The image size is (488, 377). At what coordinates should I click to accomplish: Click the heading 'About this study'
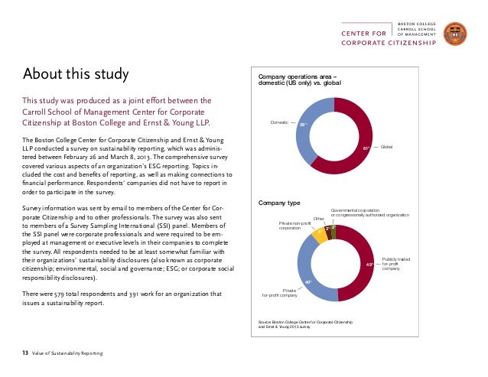75,74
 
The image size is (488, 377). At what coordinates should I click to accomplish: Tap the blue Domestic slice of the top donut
305,142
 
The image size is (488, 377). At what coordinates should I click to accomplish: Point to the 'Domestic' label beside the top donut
281,122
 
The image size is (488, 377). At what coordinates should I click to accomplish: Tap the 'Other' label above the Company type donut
319,219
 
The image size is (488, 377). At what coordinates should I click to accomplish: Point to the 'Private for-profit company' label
279,291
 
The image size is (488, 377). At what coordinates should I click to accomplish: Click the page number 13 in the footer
24,353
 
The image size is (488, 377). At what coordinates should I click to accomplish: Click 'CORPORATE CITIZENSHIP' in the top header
389,43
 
